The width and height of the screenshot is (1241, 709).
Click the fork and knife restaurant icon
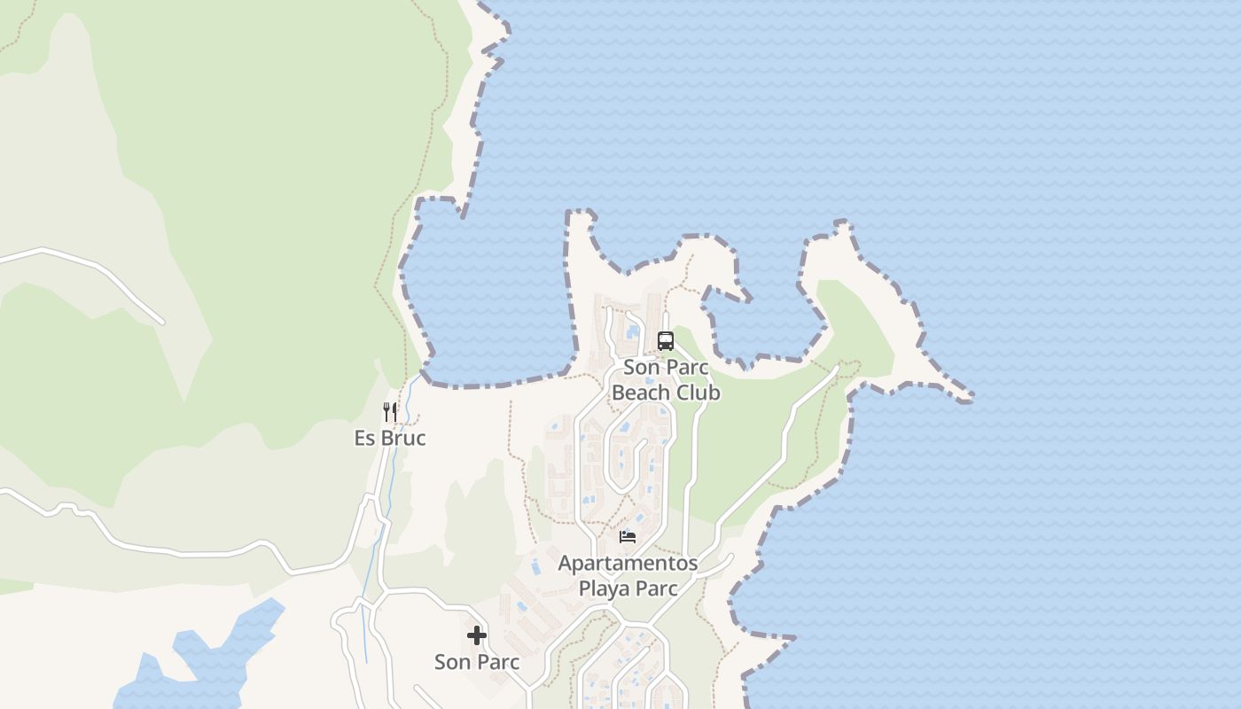click(x=389, y=411)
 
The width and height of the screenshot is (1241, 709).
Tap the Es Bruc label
click(x=390, y=438)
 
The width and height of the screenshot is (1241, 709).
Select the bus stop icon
click(x=665, y=340)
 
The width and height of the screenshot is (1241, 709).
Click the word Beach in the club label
click(x=639, y=392)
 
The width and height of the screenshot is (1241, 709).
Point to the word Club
click(x=697, y=392)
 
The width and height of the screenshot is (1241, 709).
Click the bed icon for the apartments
click(x=628, y=536)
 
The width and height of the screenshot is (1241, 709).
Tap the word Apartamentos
click(x=628, y=563)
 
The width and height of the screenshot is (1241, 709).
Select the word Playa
click(x=604, y=588)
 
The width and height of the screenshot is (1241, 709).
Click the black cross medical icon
click(x=477, y=635)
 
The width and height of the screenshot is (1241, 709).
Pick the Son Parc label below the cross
click(x=477, y=661)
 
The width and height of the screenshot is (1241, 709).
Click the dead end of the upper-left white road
click(x=162, y=322)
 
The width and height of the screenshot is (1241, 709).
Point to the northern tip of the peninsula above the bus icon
click(x=581, y=215)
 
